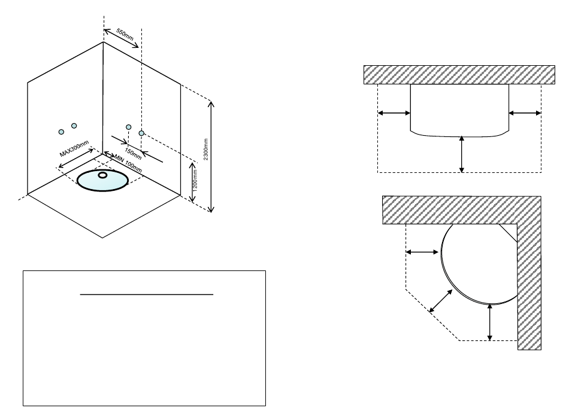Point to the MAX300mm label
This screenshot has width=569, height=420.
tap(74, 148)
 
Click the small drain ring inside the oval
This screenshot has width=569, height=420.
tap(102, 175)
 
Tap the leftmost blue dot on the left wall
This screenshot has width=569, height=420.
tap(60, 132)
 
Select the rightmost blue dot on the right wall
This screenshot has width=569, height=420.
tap(141, 132)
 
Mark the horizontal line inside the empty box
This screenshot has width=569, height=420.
tap(147, 294)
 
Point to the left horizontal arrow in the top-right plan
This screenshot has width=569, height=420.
tap(394, 112)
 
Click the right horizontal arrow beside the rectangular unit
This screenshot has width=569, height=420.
tap(525, 112)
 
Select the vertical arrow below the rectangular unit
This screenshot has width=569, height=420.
tap(461, 154)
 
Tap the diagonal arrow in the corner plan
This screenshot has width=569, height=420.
tap(440, 299)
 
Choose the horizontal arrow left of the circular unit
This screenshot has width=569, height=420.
tap(422, 252)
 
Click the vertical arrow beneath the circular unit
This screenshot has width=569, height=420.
tap(490, 322)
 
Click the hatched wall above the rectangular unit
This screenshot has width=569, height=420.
tap(459, 75)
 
